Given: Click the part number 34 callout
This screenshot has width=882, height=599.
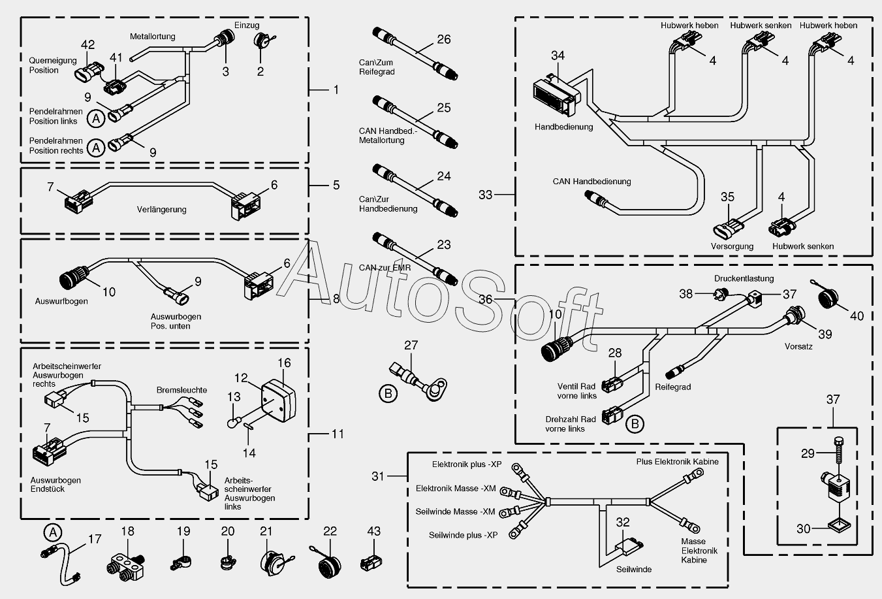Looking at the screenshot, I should click(558, 56).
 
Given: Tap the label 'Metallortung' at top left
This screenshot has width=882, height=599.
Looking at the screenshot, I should click(153, 37).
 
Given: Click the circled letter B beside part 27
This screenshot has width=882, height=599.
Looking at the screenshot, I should click(388, 393).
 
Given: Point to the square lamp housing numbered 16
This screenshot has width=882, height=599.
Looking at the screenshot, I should click(276, 397).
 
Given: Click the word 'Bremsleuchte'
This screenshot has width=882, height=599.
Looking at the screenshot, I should click(181, 390).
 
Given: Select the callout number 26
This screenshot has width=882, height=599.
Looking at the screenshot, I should click(444, 40).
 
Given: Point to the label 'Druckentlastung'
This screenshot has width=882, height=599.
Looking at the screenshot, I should click(744, 278).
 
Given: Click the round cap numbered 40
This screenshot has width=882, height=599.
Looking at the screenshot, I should click(830, 304).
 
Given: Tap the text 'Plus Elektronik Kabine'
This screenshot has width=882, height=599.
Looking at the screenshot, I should click(677, 462).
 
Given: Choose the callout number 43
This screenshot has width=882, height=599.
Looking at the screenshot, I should click(373, 532).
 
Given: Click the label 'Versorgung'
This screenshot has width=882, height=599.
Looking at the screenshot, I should click(732, 246).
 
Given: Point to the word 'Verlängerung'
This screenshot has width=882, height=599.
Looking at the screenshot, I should click(161, 210).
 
